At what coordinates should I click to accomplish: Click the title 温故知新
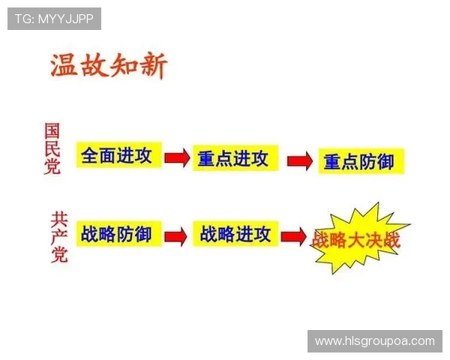(x=108, y=66)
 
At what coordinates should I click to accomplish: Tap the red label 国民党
(x=52, y=148)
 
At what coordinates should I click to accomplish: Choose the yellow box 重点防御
(x=358, y=161)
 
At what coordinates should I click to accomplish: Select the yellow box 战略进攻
(x=235, y=234)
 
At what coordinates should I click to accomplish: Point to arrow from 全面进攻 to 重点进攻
(x=177, y=157)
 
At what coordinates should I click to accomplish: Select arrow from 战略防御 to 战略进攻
(x=175, y=235)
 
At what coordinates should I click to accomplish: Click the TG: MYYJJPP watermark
(x=54, y=19)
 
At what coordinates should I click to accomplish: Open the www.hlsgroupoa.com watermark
(x=374, y=340)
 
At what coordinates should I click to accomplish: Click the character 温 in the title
(x=64, y=66)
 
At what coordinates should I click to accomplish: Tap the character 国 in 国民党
(x=52, y=129)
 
